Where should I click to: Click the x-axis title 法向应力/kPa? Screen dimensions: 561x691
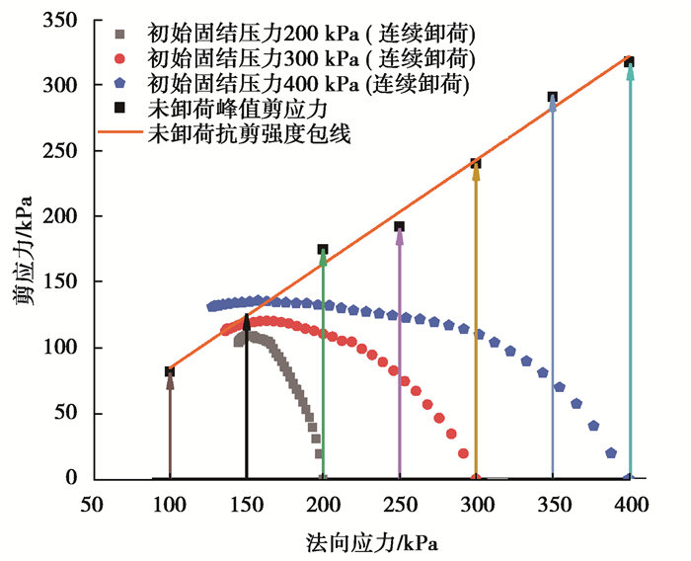point(371,541)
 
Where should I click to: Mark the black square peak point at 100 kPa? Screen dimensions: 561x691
point(170,371)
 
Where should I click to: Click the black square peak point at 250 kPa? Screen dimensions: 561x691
point(399,227)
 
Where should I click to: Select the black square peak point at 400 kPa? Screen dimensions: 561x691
point(629,62)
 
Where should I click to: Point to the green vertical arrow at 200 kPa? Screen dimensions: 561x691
point(323,365)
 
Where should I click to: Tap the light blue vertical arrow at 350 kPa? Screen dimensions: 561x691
point(553,296)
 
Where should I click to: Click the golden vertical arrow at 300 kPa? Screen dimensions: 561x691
point(476,326)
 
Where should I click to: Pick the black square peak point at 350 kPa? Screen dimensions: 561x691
point(553,98)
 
